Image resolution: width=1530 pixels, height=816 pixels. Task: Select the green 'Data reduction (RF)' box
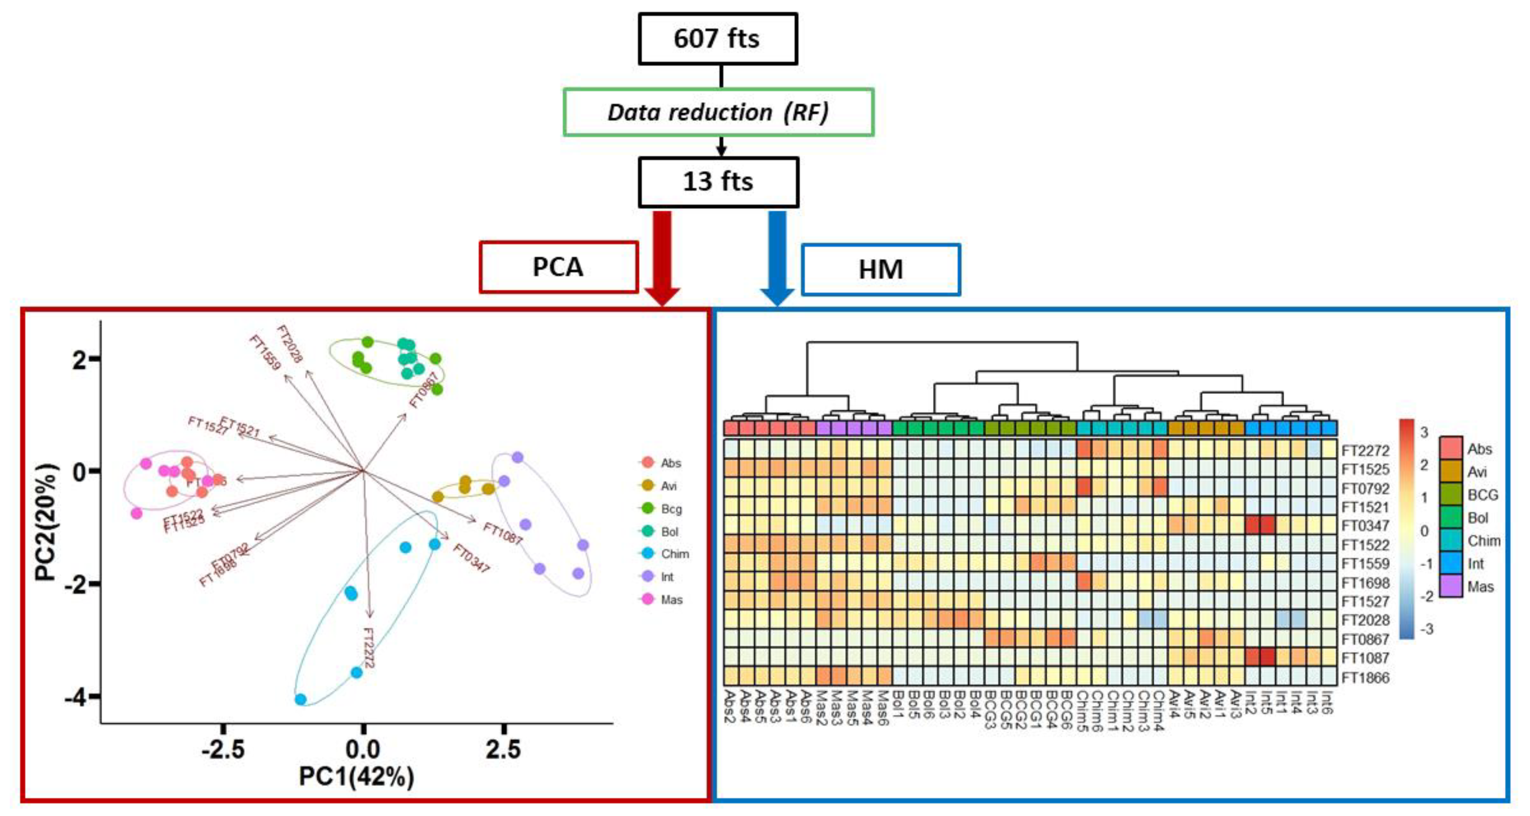(718, 112)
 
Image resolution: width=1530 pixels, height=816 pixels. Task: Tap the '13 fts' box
(718, 182)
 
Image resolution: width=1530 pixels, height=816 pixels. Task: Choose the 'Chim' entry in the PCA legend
(674, 554)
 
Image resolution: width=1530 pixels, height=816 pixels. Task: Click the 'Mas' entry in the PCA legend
(671, 600)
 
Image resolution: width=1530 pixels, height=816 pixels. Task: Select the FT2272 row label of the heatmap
(1365, 451)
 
